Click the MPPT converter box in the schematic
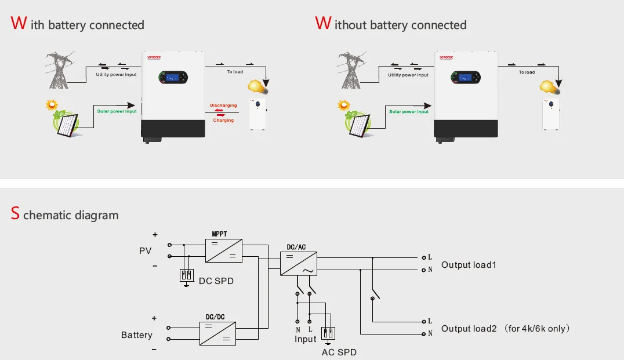pos(223,250)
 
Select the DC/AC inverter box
pos(299,263)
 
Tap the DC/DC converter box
pos(217,334)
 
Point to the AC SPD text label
pos(339,352)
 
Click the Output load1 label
pos(469,265)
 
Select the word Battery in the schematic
pos(137,335)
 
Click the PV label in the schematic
pos(145,251)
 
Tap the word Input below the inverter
pos(306,339)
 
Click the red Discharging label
pos(223,106)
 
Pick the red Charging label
pos(223,120)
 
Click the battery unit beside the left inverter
pos(257,114)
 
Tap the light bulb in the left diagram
pos(256,86)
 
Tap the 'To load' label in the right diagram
pos(527,72)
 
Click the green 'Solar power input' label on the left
pos(117,111)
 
